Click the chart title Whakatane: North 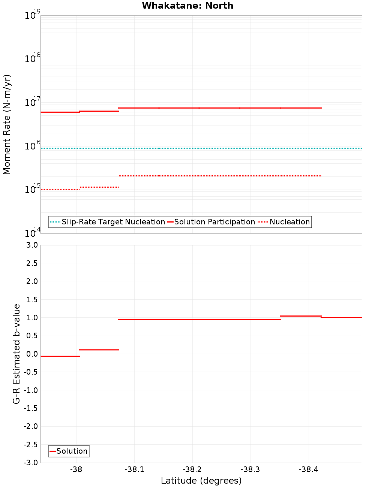click(187, 6)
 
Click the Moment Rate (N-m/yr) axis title click(7, 124)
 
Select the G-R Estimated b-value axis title click(16, 354)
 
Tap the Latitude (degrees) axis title click(201, 481)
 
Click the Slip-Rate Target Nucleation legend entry click(113, 222)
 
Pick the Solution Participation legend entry click(214, 222)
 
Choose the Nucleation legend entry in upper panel click(289, 222)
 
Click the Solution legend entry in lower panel click(72, 451)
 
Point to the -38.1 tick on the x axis click(134, 470)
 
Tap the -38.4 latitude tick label click(308, 470)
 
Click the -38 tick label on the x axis click(76, 470)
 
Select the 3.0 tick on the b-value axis click(32, 245)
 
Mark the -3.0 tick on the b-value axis click(31, 463)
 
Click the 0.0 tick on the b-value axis click(32, 354)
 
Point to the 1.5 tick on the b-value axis click(32, 300)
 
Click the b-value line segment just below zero click(60, 356)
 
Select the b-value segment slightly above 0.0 click(99, 350)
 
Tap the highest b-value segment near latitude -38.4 click(300, 316)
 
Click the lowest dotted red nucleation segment click(60, 190)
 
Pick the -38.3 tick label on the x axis click(250, 470)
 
